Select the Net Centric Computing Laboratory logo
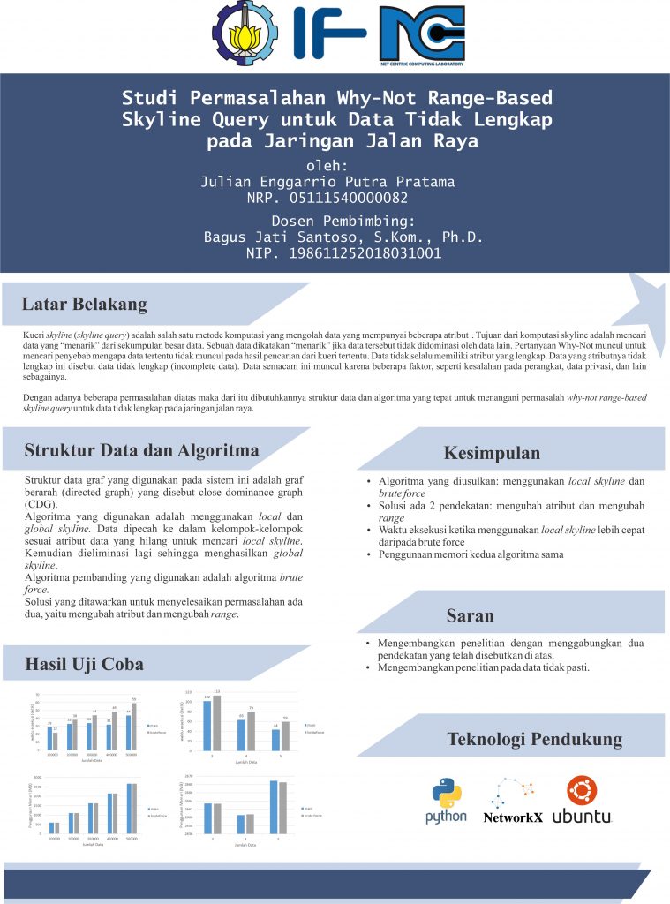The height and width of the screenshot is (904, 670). pos(421,35)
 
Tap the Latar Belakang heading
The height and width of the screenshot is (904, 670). pos(85,305)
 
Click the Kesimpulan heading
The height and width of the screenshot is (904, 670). pos(492,454)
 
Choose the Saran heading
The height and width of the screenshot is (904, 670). pos(470,615)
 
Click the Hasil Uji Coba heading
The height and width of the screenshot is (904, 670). pos(84,664)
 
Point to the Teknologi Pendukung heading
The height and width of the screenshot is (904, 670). pos(534,739)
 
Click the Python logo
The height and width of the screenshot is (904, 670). pos(446,800)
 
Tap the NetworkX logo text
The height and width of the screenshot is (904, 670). pos(513,817)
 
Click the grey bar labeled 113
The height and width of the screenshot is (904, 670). pos(216,722)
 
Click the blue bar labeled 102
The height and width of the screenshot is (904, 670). pos(207,725)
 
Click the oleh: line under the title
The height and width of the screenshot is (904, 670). pos(327,166)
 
